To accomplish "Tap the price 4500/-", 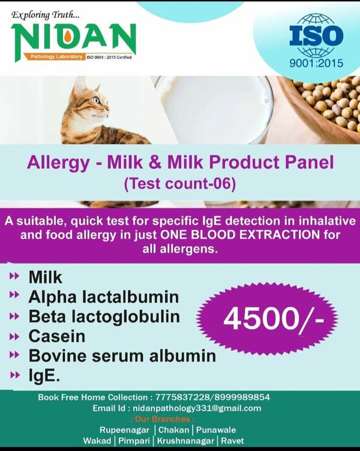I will (x=273, y=318).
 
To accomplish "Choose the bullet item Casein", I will (x=57, y=335).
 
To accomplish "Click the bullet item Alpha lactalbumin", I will (x=104, y=296).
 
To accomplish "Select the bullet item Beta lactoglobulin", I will (x=104, y=316).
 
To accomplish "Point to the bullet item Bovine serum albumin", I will (x=122, y=355).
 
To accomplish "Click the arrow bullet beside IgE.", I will (x=14, y=375).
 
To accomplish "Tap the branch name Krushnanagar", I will (x=187, y=441).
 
